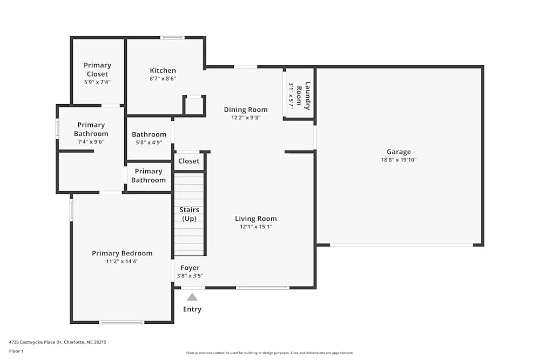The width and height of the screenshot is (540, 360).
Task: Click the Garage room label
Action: [399, 152]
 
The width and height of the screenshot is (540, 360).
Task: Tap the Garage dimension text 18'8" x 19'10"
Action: [399, 160]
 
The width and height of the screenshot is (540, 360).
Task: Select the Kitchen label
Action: [163, 70]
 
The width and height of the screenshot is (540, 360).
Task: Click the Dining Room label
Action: [246, 110]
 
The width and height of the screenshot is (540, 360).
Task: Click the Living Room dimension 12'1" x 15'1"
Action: [255, 227]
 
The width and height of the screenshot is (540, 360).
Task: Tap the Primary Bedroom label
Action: [122, 253]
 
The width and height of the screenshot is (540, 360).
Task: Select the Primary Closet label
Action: [97, 70]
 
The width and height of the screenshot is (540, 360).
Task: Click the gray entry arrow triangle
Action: [192, 297]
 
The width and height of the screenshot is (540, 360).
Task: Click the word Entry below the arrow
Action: [192, 309]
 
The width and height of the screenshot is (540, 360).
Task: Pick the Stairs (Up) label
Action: [189, 214]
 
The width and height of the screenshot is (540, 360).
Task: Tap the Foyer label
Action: [190, 268]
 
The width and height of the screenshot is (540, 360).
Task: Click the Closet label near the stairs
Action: [188, 161]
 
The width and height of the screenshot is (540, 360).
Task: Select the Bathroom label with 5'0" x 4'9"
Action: [149, 134]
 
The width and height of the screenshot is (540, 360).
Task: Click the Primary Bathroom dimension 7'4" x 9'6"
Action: [91, 142]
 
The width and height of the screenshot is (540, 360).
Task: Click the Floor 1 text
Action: [16, 351]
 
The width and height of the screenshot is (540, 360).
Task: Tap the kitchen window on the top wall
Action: [172, 38]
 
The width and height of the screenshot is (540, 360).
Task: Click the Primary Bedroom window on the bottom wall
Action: [122, 322]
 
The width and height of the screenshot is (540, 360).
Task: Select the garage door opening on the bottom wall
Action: [401, 245]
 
